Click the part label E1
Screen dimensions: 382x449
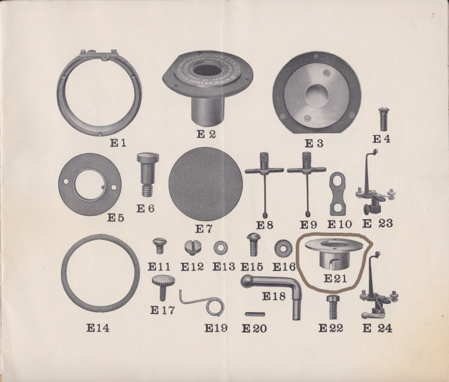117,142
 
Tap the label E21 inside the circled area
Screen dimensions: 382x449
335,278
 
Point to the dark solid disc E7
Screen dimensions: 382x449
207,184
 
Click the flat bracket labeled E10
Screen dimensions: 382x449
339,194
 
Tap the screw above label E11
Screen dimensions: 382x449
160,245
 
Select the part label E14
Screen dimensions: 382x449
97,328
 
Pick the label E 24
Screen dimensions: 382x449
378,329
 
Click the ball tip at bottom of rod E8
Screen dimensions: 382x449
265,213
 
